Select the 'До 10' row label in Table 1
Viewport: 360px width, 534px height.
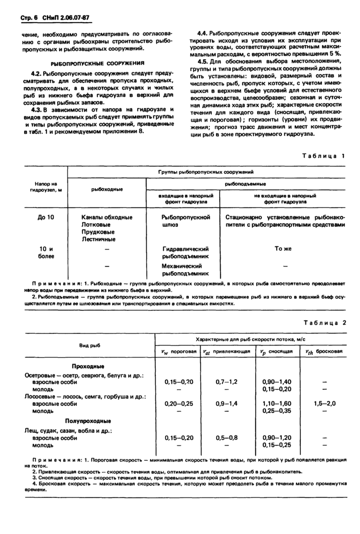click(x=45, y=217)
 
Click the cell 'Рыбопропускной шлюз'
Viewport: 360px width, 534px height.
click(x=185, y=221)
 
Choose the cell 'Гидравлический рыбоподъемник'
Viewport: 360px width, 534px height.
click(x=185, y=252)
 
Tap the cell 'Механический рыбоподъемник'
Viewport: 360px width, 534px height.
click(x=185, y=270)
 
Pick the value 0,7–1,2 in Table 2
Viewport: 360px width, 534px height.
click(x=226, y=382)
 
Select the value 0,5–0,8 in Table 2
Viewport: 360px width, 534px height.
click(x=226, y=438)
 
